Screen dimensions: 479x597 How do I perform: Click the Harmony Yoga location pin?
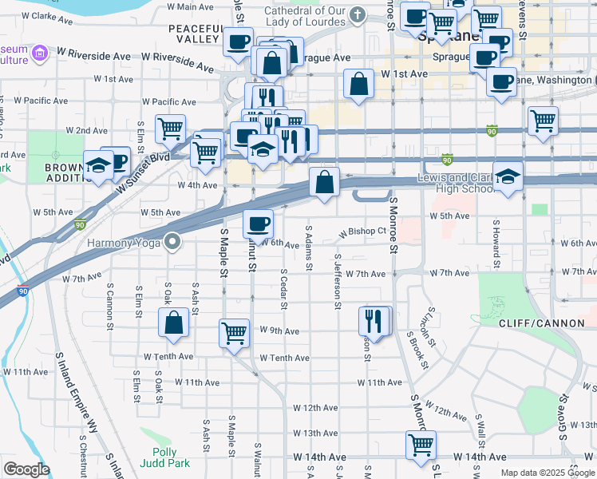tap(173, 242)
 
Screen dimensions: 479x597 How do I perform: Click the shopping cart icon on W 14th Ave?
tap(421, 445)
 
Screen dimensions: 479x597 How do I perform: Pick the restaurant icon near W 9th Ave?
tap(375, 321)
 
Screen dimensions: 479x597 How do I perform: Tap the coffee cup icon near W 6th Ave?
tap(258, 224)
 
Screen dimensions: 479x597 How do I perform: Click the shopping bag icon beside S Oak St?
tap(173, 323)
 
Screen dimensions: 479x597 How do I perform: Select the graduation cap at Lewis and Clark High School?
tap(508, 177)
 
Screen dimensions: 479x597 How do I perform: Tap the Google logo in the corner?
tap(26, 469)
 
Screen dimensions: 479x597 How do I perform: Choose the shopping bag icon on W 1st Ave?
tap(358, 83)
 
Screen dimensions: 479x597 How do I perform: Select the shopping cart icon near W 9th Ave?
tap(234, 332)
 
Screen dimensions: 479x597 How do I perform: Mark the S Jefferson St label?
tap(338, 280)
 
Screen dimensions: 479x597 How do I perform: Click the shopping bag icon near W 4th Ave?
tap(324, 182)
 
